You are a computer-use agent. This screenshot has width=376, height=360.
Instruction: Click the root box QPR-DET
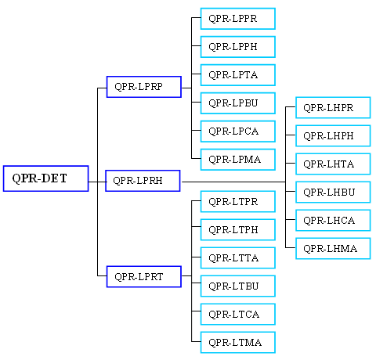click(x=46, y=178)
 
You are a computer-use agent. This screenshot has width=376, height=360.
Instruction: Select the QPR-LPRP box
click(x=144, y=87)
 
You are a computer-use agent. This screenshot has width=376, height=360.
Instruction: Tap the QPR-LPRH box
click(x=143, y=181)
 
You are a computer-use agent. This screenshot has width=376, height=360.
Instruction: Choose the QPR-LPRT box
click(x=144, y=277)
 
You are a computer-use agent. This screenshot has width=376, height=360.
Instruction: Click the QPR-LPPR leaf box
click(x=238, y=19)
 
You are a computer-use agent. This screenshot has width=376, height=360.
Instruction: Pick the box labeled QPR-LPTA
click(x=238, y=75)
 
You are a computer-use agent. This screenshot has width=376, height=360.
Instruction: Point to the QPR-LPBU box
click(x=238, y=103)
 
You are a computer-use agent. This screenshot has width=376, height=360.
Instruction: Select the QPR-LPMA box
click(x=238, y=160)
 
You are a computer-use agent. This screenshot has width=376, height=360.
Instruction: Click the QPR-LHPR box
click(x=333, y=108)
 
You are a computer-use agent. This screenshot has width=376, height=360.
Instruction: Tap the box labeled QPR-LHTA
click(x=333, y=164)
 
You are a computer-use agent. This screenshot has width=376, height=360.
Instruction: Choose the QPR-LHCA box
click(x=333, y=221)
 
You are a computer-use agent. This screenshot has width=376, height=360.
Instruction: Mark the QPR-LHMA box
click(x=333, y=249)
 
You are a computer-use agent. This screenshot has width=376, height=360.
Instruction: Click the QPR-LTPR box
click(x=238, y=202)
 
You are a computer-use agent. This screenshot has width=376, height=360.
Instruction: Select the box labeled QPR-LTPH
click(x=238, y=230)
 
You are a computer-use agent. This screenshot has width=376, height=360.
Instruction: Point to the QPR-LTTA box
click(x=238, y=258)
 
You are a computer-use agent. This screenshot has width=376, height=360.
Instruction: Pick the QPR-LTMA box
click(x=238, y=343)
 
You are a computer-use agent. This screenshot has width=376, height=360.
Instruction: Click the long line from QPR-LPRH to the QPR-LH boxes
click(x=233, y=182)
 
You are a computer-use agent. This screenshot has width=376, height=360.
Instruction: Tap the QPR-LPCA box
click(x=238, y=131)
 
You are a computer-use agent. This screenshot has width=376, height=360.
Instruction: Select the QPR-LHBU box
click(x=333, y=193)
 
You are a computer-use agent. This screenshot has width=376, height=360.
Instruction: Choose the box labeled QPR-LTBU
click(x=238, y=286)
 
